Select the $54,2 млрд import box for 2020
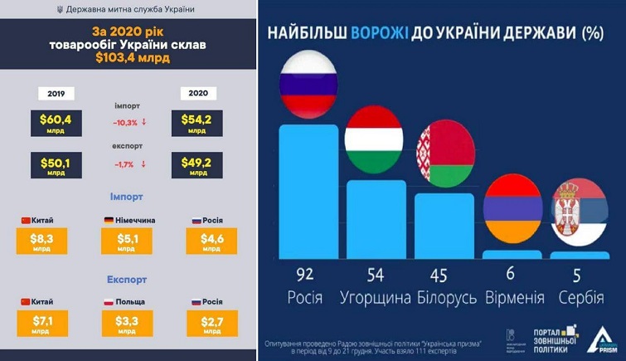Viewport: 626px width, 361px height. (x=196, y=123)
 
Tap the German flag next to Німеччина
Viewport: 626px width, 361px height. (x=109, y=221)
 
